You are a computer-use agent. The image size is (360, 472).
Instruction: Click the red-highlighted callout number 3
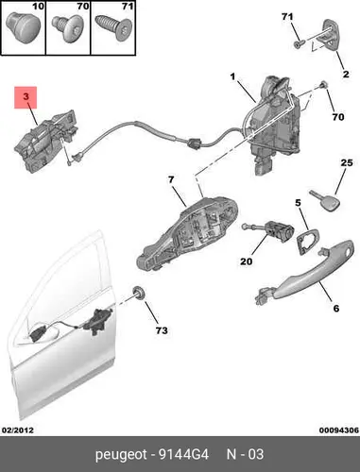tap(26, 96)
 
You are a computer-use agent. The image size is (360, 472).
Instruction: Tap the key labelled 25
tap(325, 200)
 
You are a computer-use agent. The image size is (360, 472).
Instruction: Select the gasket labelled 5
tap(307, 242)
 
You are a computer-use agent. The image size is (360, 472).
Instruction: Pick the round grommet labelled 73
tap(139, 293)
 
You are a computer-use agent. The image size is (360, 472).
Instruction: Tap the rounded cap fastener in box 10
tap(24, 27)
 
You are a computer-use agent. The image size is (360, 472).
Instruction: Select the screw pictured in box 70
tap(68, 28)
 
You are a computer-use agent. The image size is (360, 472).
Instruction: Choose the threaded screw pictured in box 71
tap(113, 28)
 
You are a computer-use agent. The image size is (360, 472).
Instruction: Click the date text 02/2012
tap(18, 430)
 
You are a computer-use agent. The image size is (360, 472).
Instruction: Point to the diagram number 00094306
tap(339, 430)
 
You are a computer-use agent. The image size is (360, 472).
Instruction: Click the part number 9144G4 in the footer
tap(183, 454)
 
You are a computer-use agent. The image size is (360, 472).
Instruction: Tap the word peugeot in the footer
tap(121, 455)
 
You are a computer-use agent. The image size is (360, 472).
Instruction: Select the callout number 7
tap(171, 179)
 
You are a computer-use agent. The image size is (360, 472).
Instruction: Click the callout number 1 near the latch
tap(232, 76)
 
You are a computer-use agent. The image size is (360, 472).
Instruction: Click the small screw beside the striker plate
tap(299, 44)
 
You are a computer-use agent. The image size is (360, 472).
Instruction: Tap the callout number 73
tap(162, 330)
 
